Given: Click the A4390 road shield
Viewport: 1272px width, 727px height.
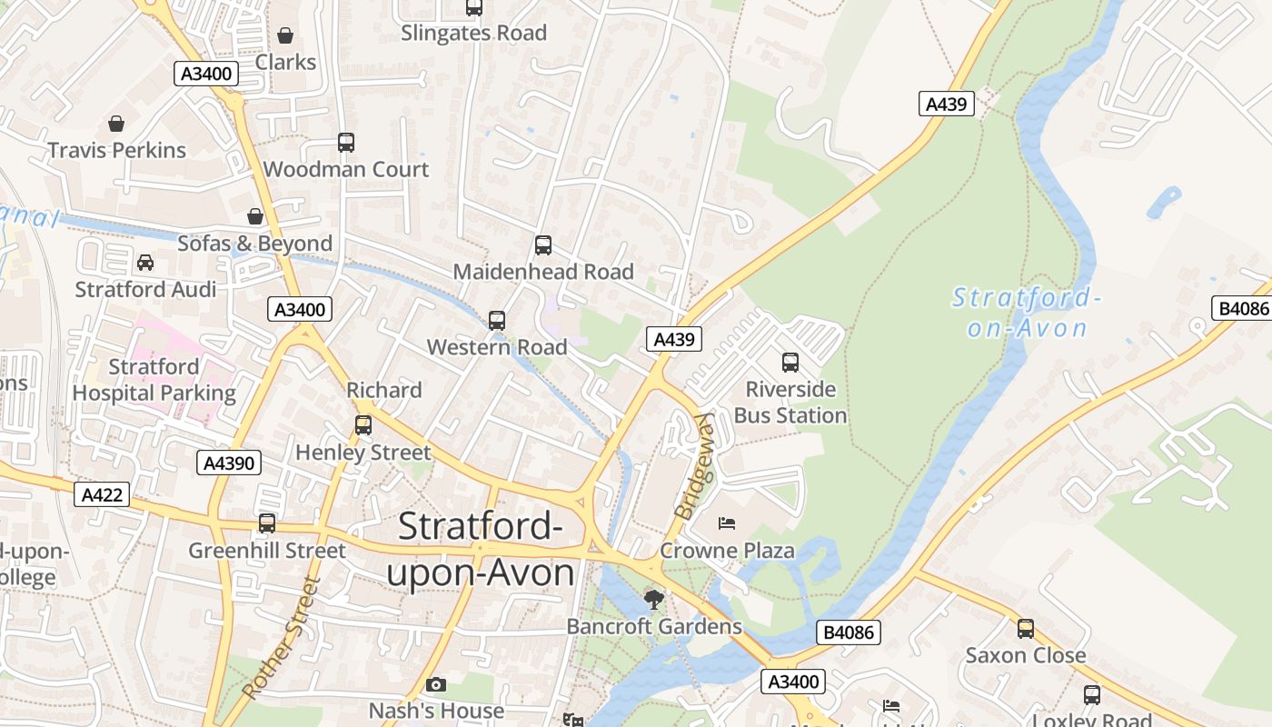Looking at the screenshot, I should pos(229,463).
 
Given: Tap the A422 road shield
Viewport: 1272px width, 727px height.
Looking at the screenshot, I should pos(102,495).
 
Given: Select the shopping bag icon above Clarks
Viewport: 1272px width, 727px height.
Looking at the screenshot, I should pos(285,35).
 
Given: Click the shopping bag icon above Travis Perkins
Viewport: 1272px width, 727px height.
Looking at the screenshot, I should pos(116,124).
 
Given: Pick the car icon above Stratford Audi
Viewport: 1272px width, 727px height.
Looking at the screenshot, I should pos(144,263).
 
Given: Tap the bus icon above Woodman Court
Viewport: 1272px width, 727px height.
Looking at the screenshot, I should pos(345,143).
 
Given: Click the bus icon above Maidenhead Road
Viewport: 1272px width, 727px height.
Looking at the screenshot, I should pos(542,244).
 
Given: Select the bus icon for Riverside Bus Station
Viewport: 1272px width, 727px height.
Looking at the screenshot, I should pos(790,363).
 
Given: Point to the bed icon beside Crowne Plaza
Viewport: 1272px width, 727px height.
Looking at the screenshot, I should pos(726,523).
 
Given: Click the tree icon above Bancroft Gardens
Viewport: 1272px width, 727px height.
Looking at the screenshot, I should pos(653,599).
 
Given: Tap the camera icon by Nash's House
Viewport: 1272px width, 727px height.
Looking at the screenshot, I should pos(436,684).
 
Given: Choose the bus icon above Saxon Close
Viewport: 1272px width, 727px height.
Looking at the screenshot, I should pos(1025,628).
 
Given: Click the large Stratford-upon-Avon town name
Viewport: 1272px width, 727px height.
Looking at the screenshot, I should pos(481,550).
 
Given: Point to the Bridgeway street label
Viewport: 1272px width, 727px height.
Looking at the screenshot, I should pos(695,466).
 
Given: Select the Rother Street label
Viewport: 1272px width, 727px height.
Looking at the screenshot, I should pos(282,638).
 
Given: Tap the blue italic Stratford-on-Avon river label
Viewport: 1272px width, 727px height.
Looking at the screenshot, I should pos(1028,312).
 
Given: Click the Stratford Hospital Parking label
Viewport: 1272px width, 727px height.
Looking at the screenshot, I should pos(154,380).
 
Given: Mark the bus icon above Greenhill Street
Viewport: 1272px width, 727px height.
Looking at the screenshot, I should pos(266,523).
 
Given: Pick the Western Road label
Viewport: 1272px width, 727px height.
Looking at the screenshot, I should pos(497,347).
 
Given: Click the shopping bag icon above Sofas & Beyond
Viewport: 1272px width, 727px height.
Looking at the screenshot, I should pos(255,216).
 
